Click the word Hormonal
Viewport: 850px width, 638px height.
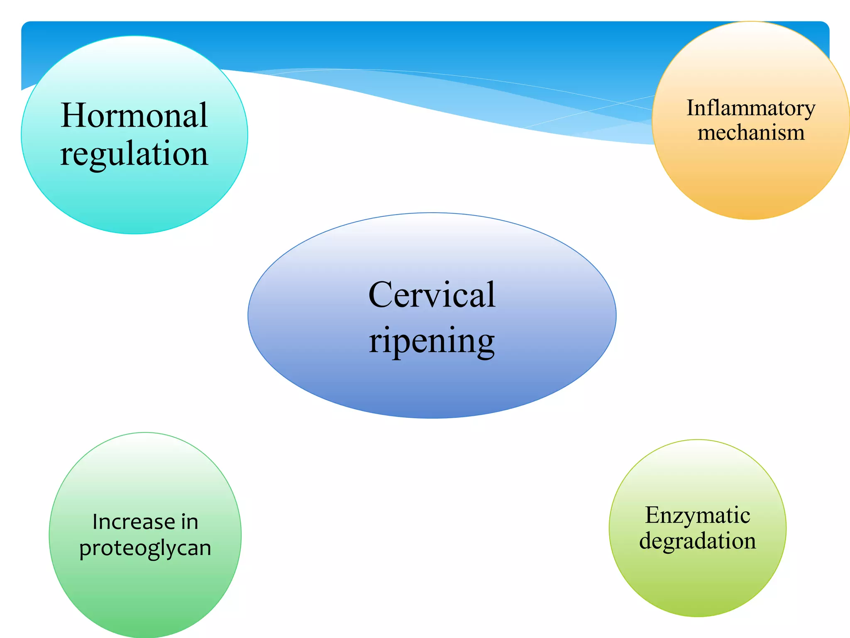[134, 115]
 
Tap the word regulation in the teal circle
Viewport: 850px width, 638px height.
[134, 154]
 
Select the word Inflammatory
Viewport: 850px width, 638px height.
[750, 108]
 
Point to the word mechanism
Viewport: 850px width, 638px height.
[750, 133]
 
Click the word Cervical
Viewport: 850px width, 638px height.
[432, 295]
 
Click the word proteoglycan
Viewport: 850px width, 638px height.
[145, 548]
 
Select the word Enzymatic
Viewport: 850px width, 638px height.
[697, 515]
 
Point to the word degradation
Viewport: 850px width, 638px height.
[697, 541]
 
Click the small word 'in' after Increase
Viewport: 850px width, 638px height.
[189, 522]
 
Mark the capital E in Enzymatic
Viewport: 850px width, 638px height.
[652, 515]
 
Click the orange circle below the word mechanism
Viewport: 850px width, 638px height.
[750, 183]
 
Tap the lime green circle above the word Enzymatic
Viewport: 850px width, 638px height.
[697, 469]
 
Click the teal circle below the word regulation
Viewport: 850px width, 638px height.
[134, 199]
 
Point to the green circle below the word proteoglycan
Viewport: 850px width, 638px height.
[145, 598]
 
